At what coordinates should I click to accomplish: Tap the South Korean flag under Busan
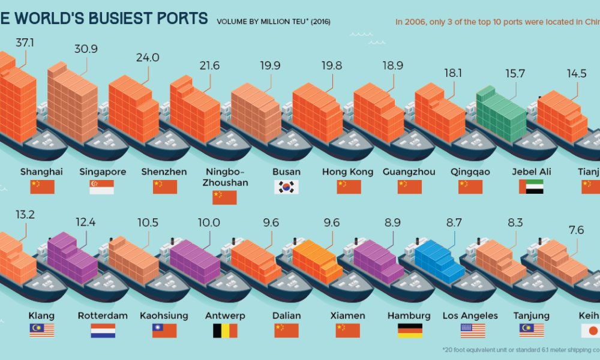point(286,187)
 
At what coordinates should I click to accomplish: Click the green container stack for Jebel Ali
point(497,114)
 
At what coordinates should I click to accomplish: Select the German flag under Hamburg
point(410,331)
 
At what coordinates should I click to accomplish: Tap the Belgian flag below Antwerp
point(225,331)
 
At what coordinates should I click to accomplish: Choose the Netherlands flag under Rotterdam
point(103,331)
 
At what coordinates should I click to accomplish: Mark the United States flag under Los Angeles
point(472,331)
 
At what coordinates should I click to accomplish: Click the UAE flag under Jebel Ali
point(531,187)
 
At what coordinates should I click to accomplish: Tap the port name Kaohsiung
point(164,316)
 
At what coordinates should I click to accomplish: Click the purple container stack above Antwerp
point(194,260)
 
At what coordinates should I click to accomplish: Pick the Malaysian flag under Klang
point(41,331)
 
